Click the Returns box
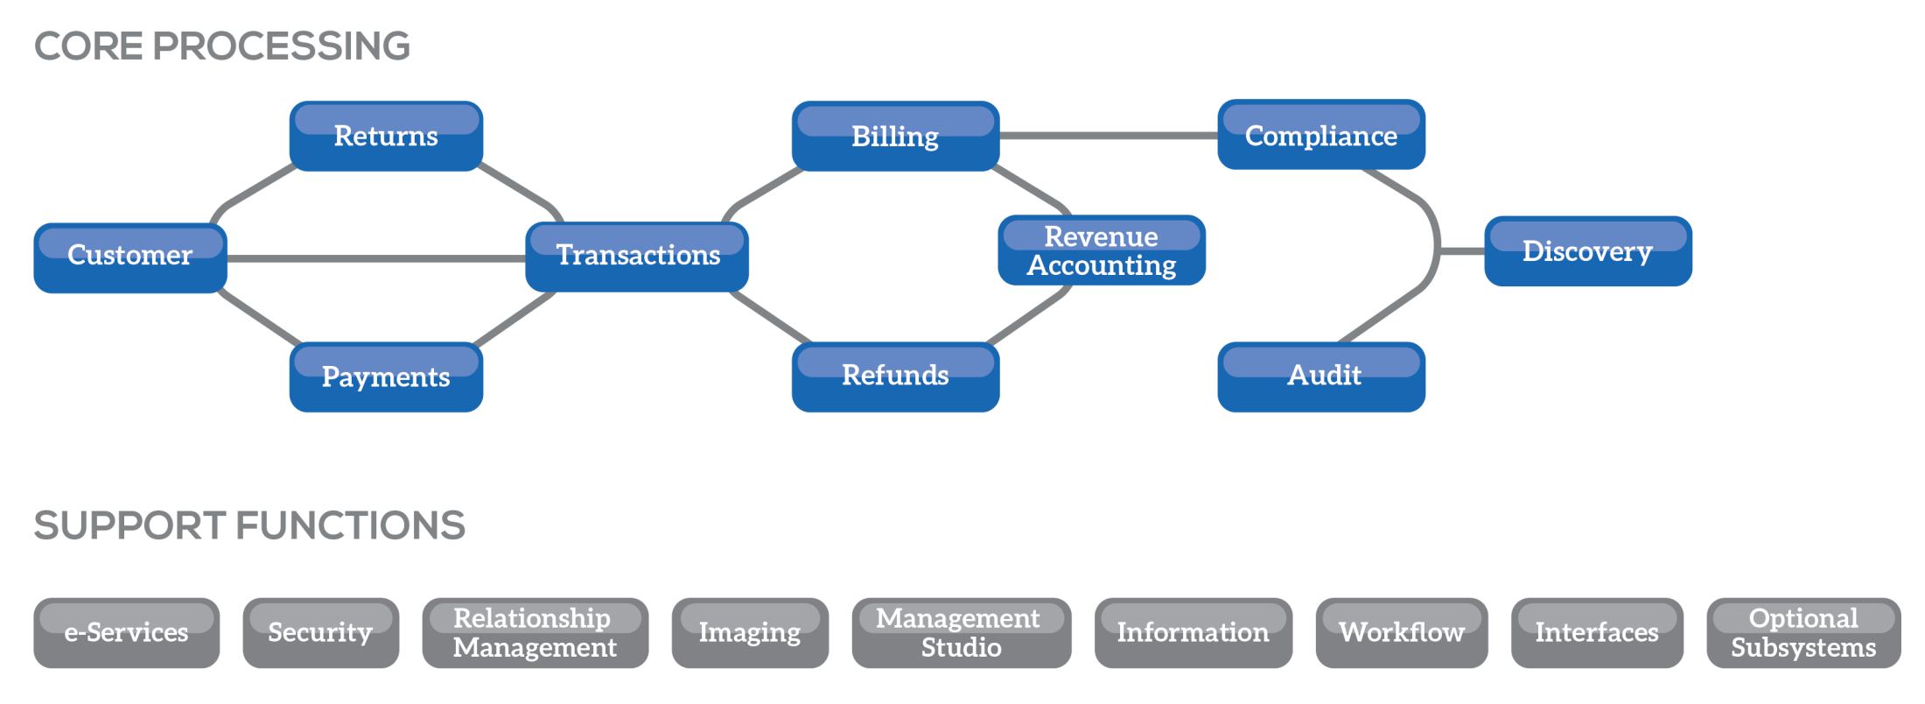coord(386,137)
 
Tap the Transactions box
coord(637,257)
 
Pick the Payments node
coord(386,377)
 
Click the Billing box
coord(895,137)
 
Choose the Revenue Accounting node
coord(1102,250)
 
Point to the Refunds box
coord(895,377)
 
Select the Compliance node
coord(1321,135)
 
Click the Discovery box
coord(1588,251)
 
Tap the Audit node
coord(1321,377)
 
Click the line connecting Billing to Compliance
coord(1108,136)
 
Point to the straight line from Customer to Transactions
coord(376,258)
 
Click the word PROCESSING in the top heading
coord(281,46)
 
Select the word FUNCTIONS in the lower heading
coord(350,525)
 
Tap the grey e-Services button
coord(127,633)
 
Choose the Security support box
coord(321,633)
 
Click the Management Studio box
coord(961,633)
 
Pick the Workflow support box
coord(1401,633)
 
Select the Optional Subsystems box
coord(1803,633)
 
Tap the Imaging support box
coord(750,633)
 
